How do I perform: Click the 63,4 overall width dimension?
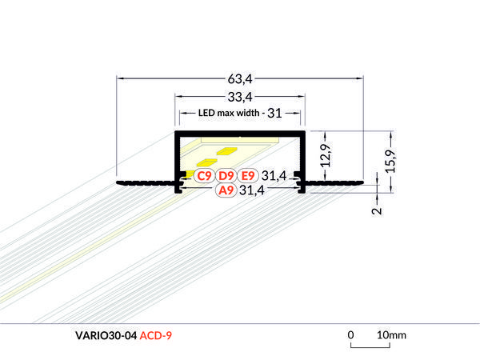point(240,78)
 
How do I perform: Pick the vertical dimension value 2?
point(376,211)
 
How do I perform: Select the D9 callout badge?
point(225,175)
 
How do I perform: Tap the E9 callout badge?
point(247,175)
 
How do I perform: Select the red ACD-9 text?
point(155,335)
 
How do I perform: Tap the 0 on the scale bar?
point(350,334)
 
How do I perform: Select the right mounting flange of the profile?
point(335,185)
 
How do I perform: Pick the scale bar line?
point(370,346)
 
